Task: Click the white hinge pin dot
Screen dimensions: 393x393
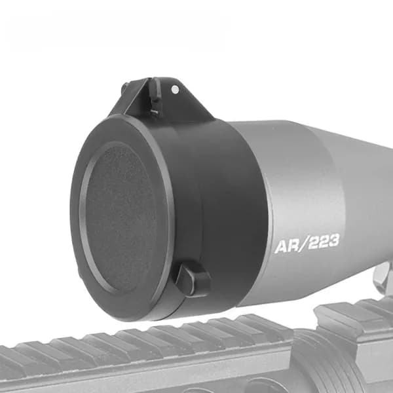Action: pyautogui.click(x=175, y=89)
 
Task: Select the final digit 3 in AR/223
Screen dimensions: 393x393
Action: pyautogui.click(x=333, y=240)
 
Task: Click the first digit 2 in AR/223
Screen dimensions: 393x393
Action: pyautogui.click(x=314, y=243)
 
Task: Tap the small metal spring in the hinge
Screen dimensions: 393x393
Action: pyautogui.click(x=155, y=112)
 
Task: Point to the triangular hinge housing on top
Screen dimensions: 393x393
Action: pyautogui.click(x=163, y=100)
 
